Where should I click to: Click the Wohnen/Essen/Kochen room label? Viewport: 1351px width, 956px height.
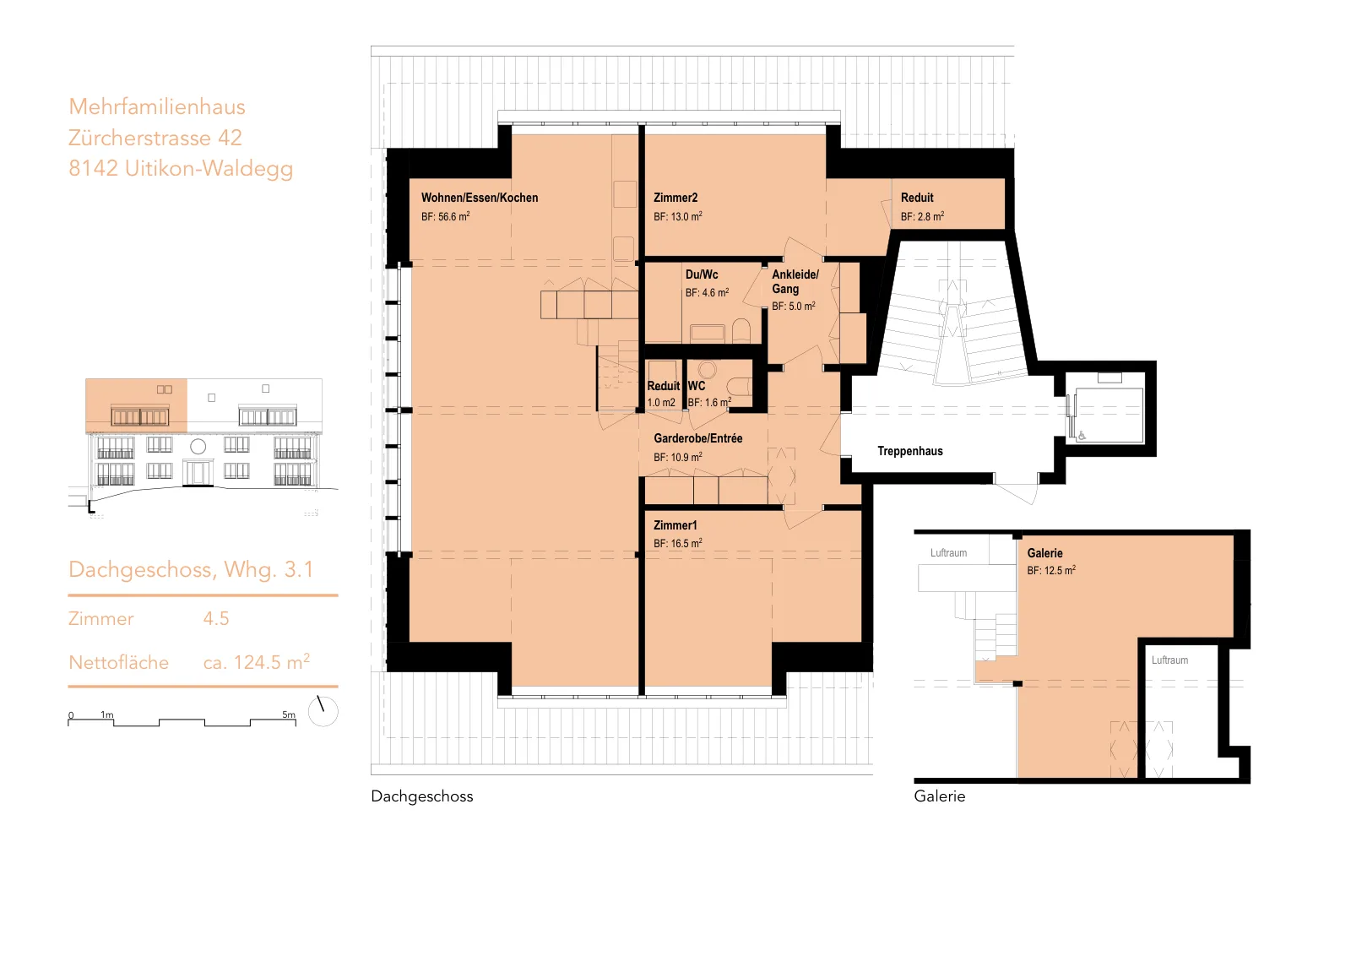pos(480,198)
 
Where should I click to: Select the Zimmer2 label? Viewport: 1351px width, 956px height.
pos(675,198)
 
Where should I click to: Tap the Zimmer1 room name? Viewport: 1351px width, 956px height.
pos(675,525)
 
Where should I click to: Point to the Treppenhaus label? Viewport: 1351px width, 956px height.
pos(910,451)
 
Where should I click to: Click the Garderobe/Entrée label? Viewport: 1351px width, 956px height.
pos(697,438)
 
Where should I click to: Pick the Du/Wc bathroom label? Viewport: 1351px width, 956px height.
pos(702,274)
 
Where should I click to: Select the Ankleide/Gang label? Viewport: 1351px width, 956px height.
pos(795,282)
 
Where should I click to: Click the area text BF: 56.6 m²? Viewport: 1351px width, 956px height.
pos(446,216)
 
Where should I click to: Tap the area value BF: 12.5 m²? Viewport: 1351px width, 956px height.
pos(1051,570)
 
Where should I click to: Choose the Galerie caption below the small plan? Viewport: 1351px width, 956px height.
pos(940,796)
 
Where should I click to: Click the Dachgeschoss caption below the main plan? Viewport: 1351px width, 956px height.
pos(422,796)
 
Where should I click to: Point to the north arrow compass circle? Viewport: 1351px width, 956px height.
pos(323,711)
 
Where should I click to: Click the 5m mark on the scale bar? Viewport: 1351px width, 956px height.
pos(289,714)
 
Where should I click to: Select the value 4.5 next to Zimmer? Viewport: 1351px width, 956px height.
pos(216,619)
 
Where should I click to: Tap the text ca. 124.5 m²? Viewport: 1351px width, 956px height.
pos(257,661)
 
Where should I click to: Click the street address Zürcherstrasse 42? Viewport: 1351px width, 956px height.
pos(155,138)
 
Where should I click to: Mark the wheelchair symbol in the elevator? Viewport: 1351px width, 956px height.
pos(1082,436)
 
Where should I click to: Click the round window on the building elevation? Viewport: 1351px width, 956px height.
pos(198,447)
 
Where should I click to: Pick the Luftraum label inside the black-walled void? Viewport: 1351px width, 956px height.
pos(1170,660)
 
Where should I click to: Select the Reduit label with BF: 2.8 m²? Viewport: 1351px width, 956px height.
pos(917,198)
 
